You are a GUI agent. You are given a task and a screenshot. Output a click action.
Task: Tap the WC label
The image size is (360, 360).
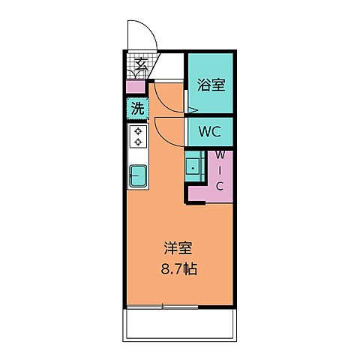[209, 133]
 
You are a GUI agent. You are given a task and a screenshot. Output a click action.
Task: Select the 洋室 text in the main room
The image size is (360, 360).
[175, 247]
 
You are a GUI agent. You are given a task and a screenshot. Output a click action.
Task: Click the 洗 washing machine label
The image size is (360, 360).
[136, 108]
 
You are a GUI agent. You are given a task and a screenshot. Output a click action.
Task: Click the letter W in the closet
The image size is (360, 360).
[220, 154]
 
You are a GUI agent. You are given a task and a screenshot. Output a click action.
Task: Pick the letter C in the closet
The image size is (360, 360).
[220, 186]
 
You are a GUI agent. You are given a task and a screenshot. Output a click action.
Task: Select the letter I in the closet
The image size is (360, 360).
[220, 170]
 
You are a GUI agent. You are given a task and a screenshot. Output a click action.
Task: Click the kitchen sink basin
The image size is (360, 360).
[139, 175]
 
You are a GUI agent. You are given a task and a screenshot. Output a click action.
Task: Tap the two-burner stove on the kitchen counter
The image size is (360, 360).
[139, 136]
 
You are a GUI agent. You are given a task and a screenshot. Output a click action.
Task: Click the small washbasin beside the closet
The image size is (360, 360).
[193, 166]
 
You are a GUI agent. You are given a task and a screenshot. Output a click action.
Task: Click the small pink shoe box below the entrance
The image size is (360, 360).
[135, 87]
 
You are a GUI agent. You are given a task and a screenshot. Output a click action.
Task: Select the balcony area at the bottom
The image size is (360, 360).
[180, 324]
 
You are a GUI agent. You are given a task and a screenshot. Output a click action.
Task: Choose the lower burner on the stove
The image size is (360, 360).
[139, 142]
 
